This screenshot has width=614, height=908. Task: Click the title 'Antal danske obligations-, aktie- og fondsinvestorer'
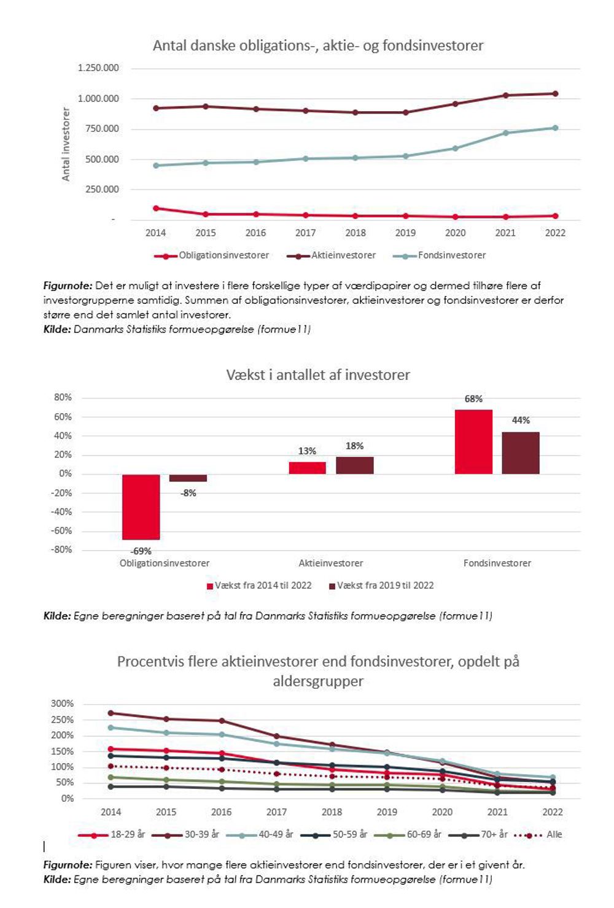[318, 45]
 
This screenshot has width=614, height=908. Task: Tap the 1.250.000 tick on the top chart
[98, 68]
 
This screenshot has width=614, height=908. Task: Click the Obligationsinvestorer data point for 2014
[156, 208]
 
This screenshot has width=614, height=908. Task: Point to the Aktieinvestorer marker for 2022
[555, 94]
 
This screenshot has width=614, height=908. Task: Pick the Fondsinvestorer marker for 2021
[505, 133]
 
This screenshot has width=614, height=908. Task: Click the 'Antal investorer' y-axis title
[66, 144]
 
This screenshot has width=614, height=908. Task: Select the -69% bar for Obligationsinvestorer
[141, 506]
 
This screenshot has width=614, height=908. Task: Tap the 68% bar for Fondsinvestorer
[473, 442]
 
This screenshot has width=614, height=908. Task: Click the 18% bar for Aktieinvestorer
[354, 465]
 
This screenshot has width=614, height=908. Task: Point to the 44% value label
[521, 421]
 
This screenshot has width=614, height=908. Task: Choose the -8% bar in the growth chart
[188, 478]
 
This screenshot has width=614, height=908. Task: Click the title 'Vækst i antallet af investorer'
[318, 375]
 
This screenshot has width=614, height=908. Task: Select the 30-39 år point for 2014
[111, 713]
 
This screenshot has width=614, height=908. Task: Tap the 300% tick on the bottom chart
[62, 704]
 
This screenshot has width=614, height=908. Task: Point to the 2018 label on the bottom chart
[332, 812]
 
